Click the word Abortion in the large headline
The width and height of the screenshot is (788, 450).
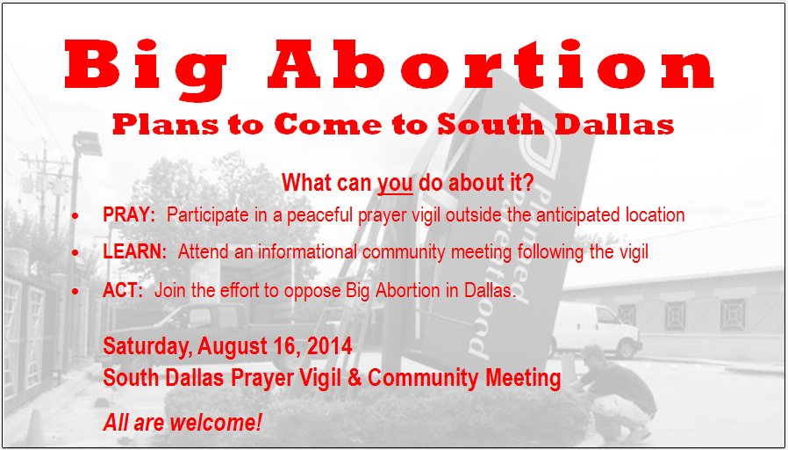tap(491, 64)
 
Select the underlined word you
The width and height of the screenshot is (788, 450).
tap(395, 183)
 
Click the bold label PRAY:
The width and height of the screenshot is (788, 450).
tap(129, 215)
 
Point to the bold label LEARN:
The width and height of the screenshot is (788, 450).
tap(134, 252)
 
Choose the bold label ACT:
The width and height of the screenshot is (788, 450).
tap(123, 290)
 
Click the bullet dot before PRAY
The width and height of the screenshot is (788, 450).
tap(75, 216)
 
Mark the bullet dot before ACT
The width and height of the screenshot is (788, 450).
tap(75, 292)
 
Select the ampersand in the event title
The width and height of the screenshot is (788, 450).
tap(355, 378)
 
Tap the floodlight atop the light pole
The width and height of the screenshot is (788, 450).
tap(87, 143)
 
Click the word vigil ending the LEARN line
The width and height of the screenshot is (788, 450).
tap(631, 252)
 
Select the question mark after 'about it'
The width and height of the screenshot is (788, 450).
tap(527, 183)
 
